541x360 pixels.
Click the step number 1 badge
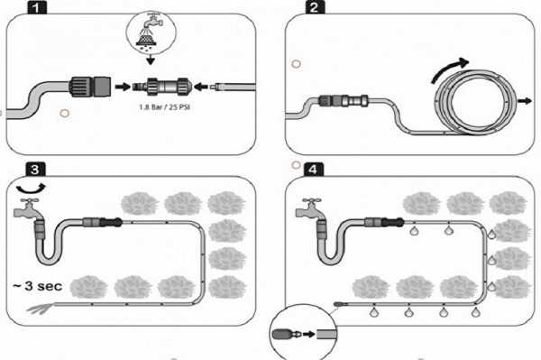[x=37, y=7]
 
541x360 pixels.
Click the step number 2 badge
[x=315, y=7]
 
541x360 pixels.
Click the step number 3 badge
[x=35, y=169]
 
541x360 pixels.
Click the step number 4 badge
[x=313, y=169]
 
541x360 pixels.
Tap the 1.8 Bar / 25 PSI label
[x=165, y=107]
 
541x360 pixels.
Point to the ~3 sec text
[x=38, y=286]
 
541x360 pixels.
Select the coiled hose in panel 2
[x=475, y=102]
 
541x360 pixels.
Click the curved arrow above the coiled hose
[x=448, y=69]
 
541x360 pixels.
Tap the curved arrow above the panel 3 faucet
[x=31, y=189]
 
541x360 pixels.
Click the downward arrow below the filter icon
[x=150, y=60]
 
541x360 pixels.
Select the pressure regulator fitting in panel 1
[x=161, y=87]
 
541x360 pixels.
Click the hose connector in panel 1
[x=90, y=87]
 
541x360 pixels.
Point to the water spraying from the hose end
[x=41, y=308]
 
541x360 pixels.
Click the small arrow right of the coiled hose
[x=525, y=101]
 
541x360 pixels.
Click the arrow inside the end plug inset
[x=308, y=334]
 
